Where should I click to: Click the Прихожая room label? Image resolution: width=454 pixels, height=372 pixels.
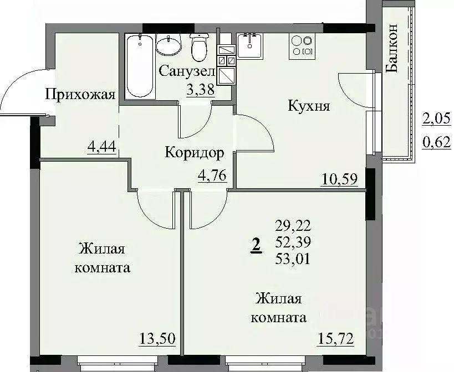[x=80, y=94]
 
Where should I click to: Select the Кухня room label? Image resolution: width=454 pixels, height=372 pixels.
[x=309, y=106]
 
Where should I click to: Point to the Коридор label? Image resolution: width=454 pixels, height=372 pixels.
[x=194, y=152]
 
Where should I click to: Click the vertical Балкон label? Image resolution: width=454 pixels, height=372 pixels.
[x=392, y=49]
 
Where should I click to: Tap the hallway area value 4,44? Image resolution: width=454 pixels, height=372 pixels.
[x=101, y=148]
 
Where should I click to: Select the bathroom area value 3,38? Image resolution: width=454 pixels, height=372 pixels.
[x=200, y=90]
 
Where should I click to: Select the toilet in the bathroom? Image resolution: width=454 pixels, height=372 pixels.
[x=198, y=48]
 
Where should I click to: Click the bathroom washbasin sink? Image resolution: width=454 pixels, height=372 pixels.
[x=167, y=44]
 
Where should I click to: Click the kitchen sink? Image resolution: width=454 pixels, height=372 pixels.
[x=252, y=45]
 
